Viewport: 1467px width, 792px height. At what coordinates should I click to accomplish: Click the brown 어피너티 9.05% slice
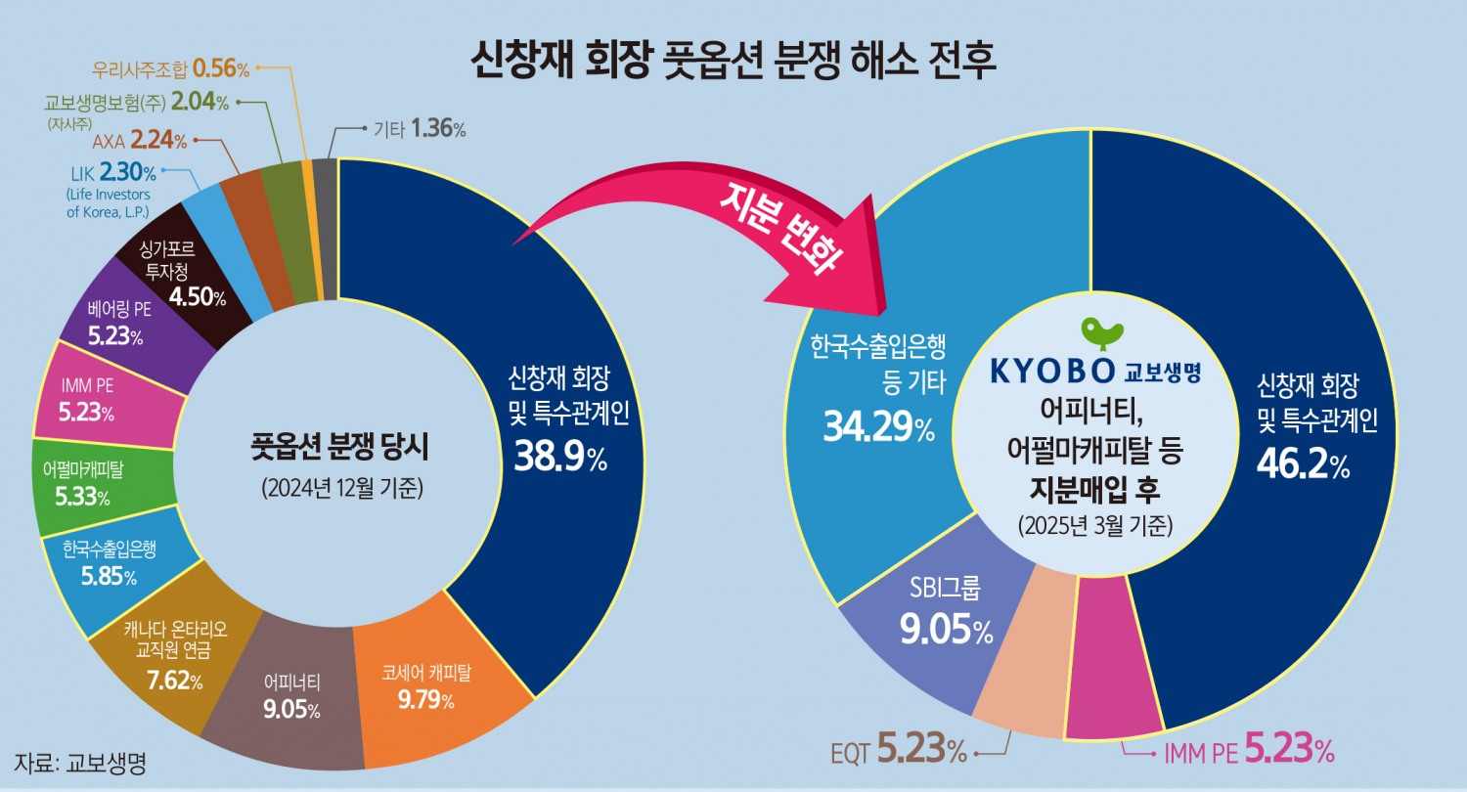pos(292,695)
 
